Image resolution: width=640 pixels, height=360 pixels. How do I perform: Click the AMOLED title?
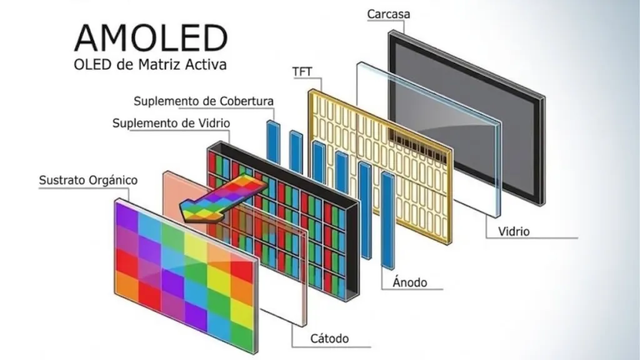point(151,37)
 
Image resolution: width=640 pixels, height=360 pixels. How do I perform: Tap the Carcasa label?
point(389,14)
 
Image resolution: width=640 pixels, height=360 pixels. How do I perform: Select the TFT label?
point(302,71)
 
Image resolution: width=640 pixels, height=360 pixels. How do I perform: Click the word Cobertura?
point(246,101)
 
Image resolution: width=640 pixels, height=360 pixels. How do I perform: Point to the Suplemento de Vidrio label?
point(171,123)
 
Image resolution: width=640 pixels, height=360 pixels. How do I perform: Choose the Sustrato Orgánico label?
point(88,181)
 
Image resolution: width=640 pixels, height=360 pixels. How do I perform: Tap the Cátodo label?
point(329,338)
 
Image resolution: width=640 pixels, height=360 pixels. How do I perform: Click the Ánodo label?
point(410,282)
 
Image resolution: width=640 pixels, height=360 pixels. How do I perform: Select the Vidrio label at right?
point(514,231)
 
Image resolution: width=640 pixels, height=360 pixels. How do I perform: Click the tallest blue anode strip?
point(387,221)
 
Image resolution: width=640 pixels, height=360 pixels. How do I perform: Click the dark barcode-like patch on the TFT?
point(417,146)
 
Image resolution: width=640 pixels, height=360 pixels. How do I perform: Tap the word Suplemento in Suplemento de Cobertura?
point(165,101)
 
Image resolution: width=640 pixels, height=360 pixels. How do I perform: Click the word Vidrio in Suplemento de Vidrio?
point(214,123)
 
